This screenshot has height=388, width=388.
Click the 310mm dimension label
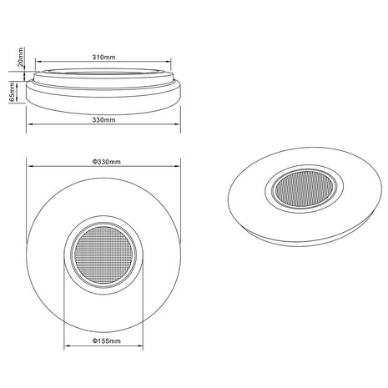click(103, 58)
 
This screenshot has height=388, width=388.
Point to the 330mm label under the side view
click(104, 121)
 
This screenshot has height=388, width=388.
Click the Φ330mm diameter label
click(104, 160)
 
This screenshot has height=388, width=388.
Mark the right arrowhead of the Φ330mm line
click(180, 167)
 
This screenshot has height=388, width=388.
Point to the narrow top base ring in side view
click(103, 73)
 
